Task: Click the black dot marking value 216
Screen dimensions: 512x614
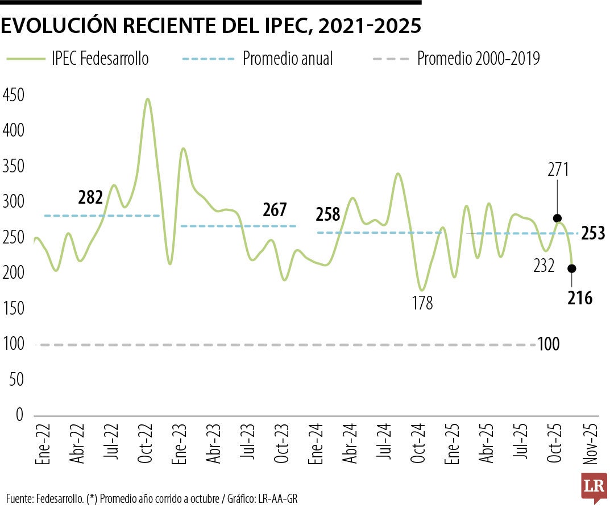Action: [x=571, y=269]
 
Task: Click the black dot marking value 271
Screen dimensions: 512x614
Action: [x=557, y=218]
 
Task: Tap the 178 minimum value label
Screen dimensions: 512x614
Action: [x=422, y=303]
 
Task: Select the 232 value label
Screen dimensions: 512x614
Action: [x=544, y=265]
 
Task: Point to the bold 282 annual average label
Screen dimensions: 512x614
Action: [x=90, y=198]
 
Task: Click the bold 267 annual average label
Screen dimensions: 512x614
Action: [x=275, y=209]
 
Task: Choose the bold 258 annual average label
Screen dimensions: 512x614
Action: [x=328, y=214]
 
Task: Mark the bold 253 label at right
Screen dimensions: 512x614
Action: [x=594, y=233]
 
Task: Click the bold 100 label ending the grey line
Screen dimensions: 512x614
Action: [x=549, y=344]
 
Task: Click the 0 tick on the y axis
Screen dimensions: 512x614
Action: [x=19, y=415]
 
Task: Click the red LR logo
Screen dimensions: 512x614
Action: [x=594, y=486]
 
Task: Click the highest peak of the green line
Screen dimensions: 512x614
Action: [x=148, y=99]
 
